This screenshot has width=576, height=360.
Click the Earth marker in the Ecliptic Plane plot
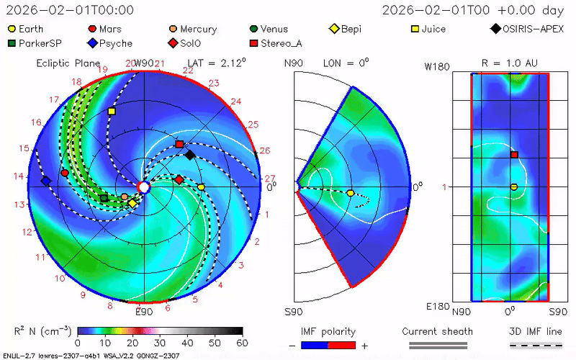(x=201, y=187)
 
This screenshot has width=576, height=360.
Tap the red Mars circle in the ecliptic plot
(x=65, y=173)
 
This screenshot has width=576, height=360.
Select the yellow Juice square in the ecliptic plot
(x=112, y=112)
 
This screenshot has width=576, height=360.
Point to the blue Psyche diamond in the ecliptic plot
(x=46, y=181)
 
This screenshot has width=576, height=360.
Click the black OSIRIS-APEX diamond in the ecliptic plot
(x=190, y=155)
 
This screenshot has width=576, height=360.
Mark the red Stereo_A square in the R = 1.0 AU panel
(x=514, y=155)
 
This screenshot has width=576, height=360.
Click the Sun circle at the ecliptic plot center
(x=143, y=187)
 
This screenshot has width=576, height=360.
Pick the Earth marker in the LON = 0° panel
(x=350, y=193)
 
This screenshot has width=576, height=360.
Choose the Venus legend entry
(x=267, y=30)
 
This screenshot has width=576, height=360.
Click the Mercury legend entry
(x=192, y=30)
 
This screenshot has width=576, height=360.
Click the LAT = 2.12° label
(x=216, y=63)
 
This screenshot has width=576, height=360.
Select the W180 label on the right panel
(x=438, y=67)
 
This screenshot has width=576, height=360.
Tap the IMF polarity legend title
(x=328, y=332)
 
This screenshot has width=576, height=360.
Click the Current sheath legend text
(x=437, y=332)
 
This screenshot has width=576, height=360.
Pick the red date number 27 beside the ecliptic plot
(x=270, y=179)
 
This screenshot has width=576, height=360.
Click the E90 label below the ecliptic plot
(x=144, y=312)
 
